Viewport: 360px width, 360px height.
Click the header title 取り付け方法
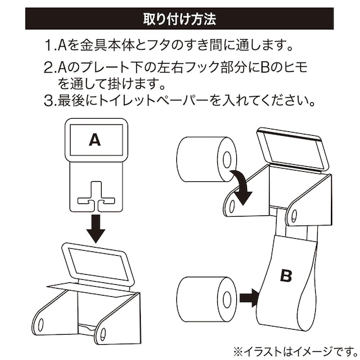(x=180, y=18)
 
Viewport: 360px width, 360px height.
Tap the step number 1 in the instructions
(x=50, y=45)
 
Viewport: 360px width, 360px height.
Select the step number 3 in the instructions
(x=50, y=100)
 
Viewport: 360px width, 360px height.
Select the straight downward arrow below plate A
(x=95, y=227)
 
